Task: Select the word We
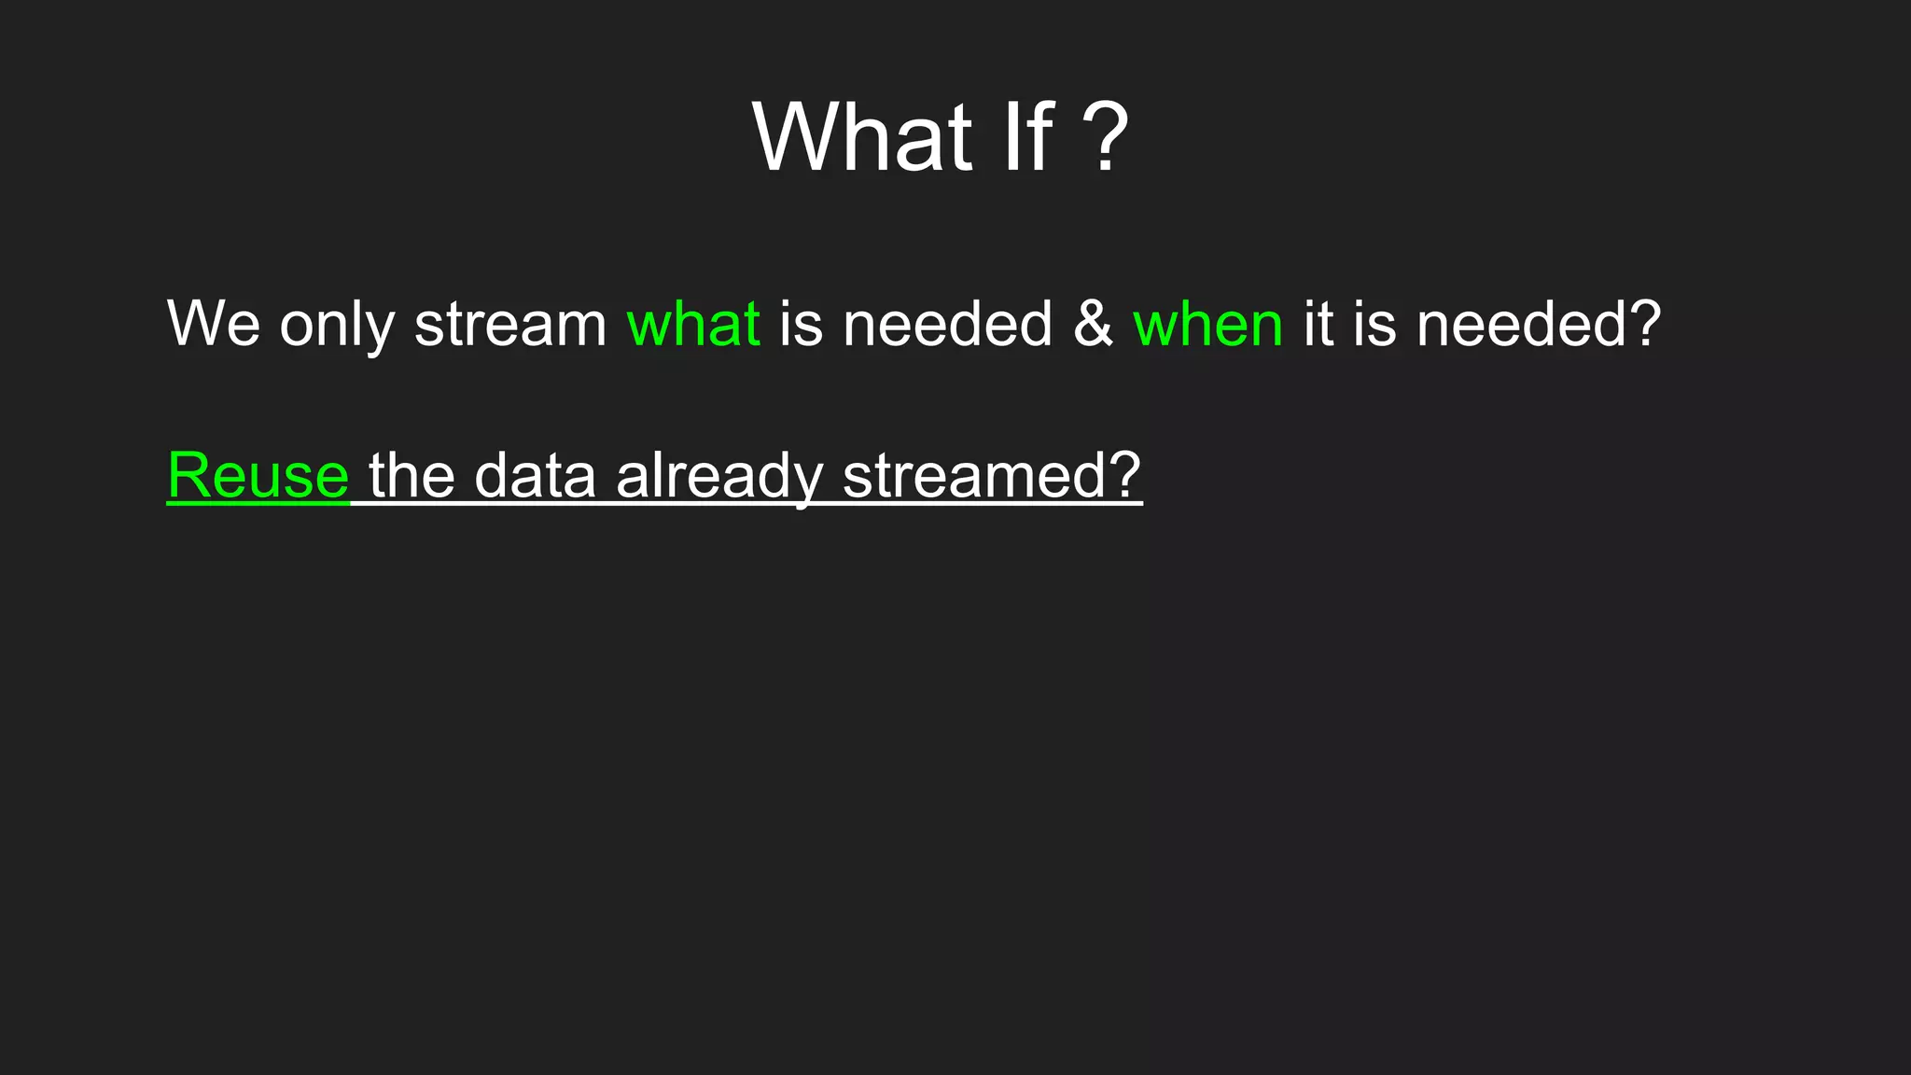click(x=214, y=324)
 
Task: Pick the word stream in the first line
click(x=510, y=325)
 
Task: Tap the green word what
click(x=693, y=324)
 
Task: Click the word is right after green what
click(x=801, y=324)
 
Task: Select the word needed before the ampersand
click(x=947, y=324)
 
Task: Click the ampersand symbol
click(x=1093, y=324)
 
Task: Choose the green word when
click(x=1207, y=324)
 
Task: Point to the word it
click(x=1318, y=324)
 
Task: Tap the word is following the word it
click(x=1374, y=324)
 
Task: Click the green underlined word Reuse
click(x=258, y=475)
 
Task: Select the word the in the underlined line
click(x=411, y=475)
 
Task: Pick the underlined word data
click(x=535, y=475)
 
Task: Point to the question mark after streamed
click(x=1124, y=475)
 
